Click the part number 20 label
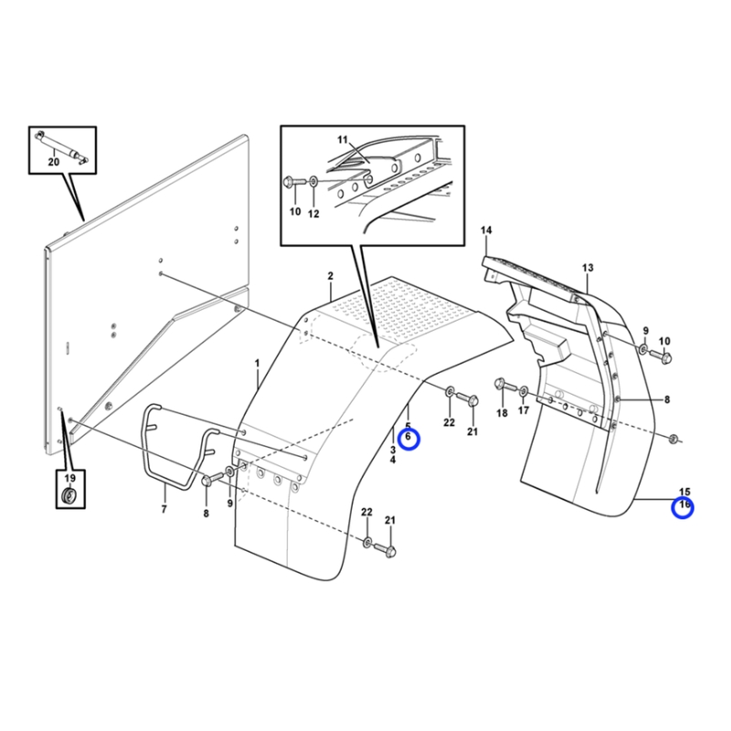[x=54, y=162]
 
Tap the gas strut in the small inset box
[x=62, y=147]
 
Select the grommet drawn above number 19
[x=70, y=495]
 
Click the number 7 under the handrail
[x=164, y=509]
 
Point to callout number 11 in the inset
[x=343, y=140]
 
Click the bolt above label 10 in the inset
[x=293, y=181]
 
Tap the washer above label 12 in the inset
[x=313, y=180]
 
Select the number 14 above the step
[x=486, y=230]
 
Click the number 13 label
[x=588, y=268]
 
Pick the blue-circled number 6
[x=408, y=438]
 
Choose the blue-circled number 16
[x=683, y=504]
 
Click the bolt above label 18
[x=504, y=385]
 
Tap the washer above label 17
[x=524, y=391]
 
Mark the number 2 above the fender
[x=330, y=276]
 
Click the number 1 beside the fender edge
[x=257, y=363]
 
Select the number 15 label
[x=683, y=492]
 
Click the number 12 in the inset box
[x=313, y=214]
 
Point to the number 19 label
[x=69, y=478]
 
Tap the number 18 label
[x=502, y=413]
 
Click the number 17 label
[x=524, y=410]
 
